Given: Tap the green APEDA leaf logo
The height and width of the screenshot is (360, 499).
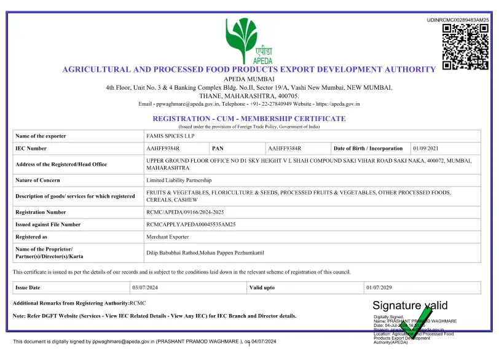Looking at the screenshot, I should (241, 36).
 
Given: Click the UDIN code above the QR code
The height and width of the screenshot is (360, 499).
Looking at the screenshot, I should (458, 20).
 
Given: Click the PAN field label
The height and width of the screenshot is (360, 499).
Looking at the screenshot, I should (218, 149).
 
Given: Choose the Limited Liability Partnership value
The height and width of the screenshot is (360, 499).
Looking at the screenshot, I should (179, 181).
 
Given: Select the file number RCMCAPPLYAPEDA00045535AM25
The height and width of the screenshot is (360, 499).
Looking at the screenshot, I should (191, 224).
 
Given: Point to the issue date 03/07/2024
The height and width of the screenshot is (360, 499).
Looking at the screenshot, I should (146, 288).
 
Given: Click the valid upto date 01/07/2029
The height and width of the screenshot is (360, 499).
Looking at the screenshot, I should (379, 288).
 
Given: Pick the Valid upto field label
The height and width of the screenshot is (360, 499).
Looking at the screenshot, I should (262, 288).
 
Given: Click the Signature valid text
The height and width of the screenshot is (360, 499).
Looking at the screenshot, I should (410, 305).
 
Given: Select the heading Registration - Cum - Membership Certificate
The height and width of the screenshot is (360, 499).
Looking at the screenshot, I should (249, 119).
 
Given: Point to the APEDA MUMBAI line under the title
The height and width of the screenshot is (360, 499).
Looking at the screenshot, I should (249, 79).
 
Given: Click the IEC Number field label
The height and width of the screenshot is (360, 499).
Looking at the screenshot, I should (31, 149).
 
